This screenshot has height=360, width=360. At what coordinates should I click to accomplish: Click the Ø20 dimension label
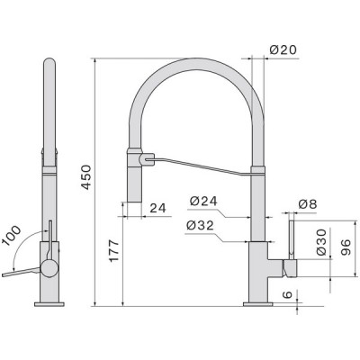click(x=283, y=49)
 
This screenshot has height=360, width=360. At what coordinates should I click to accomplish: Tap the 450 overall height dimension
click(x=86, y=177)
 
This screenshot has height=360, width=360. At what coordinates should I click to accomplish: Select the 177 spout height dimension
click(x=114, y=251)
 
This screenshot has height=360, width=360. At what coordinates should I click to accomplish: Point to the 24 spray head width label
click(x=157, y=208)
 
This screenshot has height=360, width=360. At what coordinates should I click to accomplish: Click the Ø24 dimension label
click(x=203, y=201)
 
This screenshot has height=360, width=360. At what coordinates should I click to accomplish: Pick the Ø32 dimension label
click(x=200, y=226)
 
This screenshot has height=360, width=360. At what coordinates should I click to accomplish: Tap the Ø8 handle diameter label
click(x=308, y=204)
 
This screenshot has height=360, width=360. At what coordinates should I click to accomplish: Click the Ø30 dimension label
click(x=320, y=242)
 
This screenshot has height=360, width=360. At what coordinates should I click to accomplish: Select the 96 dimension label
click(x=346, y=247)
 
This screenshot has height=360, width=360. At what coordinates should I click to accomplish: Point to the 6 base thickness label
click(x=287, y=294)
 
